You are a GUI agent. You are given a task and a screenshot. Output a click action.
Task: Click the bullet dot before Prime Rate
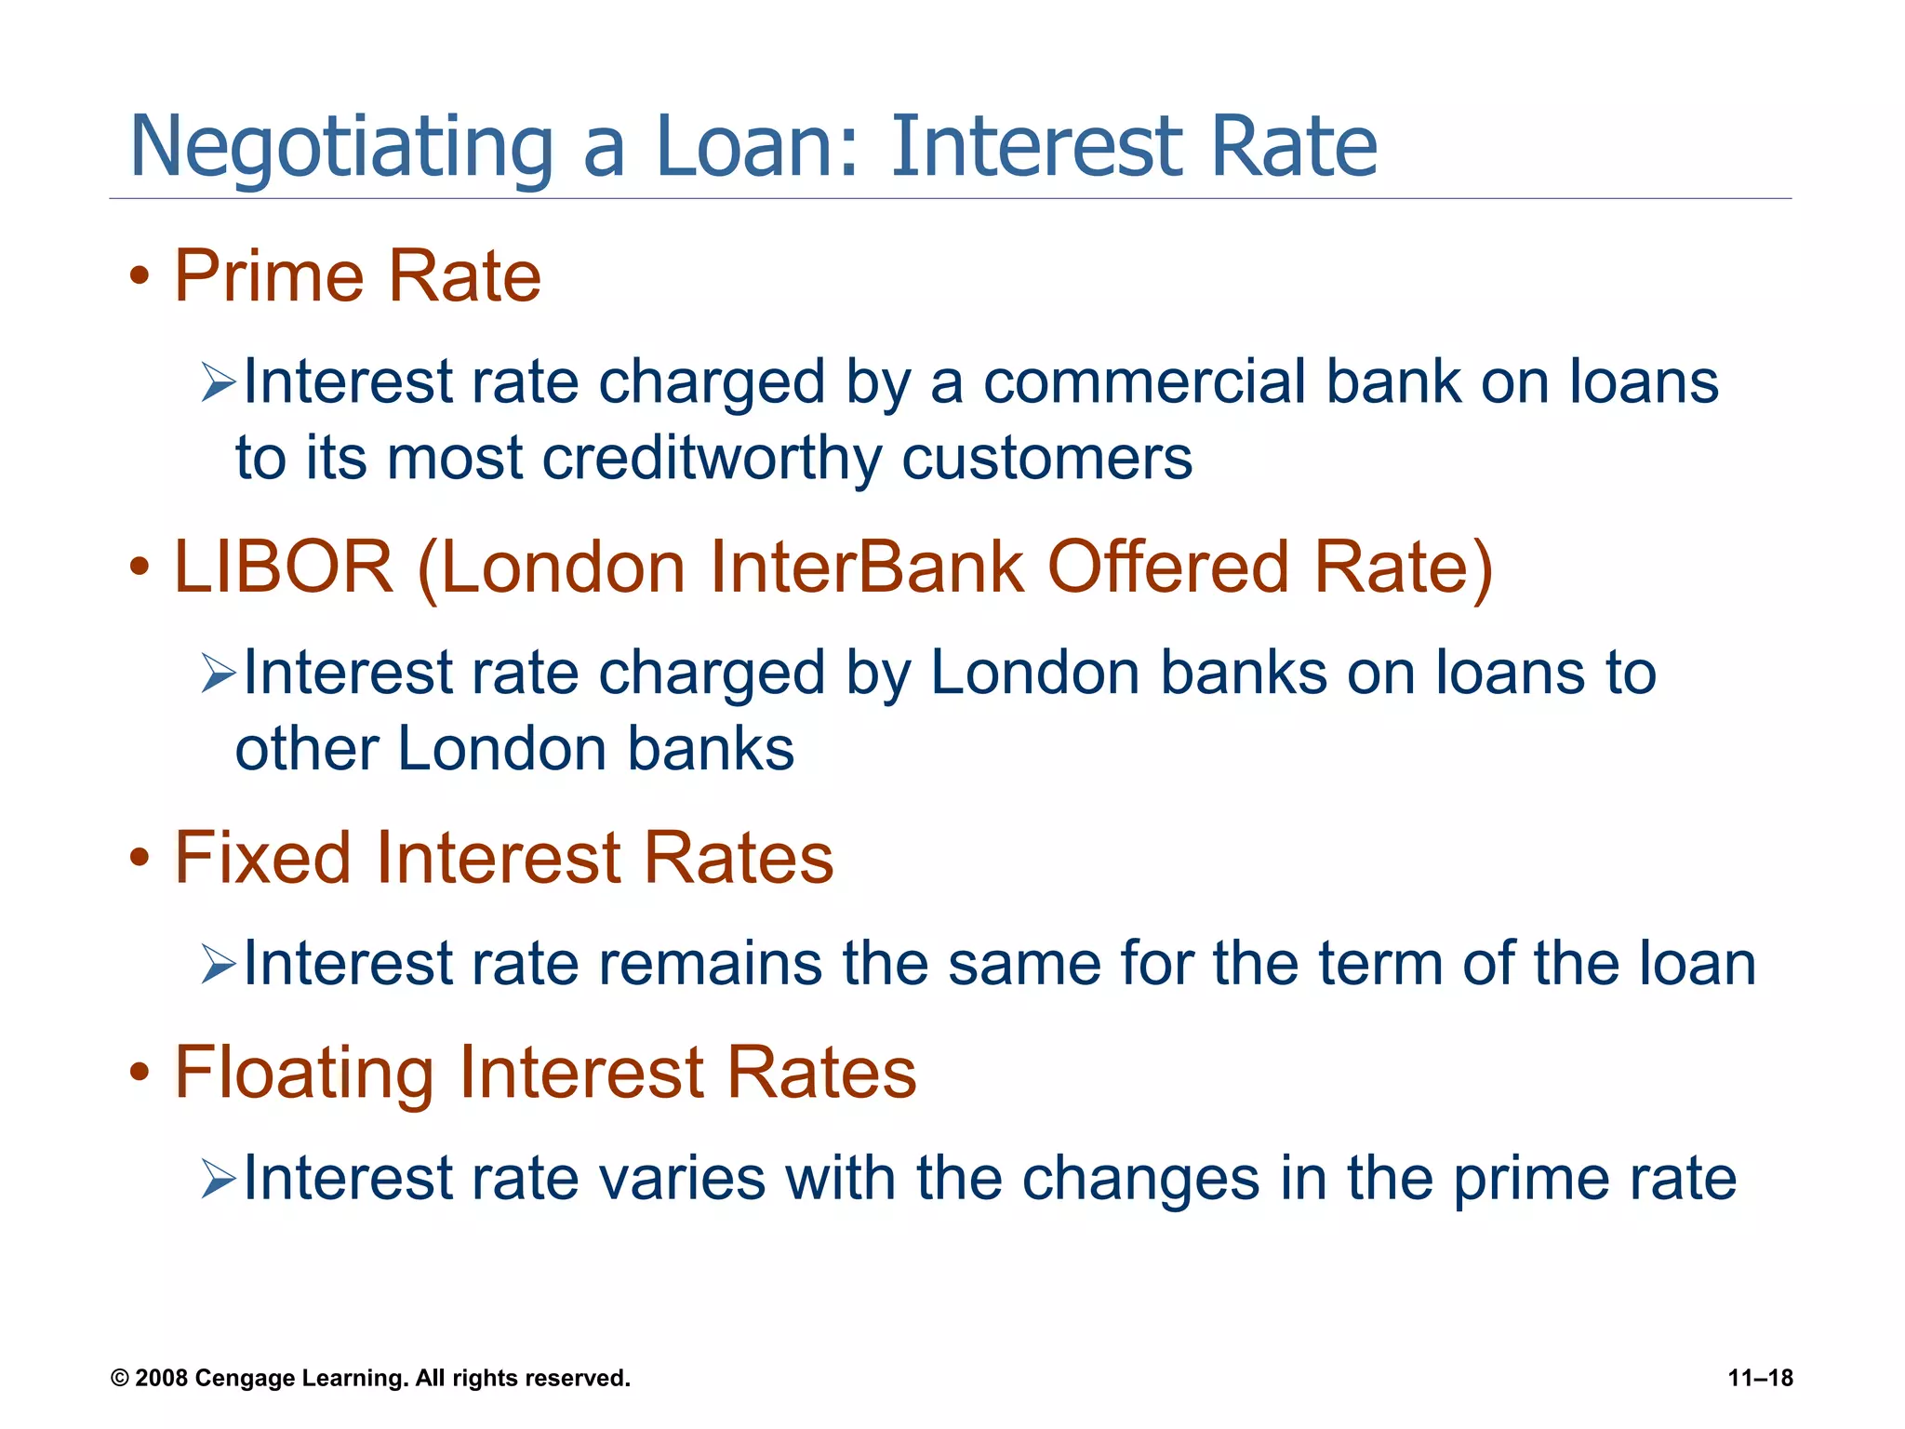click(140, 277)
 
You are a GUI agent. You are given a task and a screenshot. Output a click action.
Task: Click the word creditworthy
click(712, 460)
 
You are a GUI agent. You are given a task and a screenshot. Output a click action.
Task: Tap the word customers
click(1046, 460)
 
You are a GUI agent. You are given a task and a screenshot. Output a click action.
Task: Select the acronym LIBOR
click(284, 568)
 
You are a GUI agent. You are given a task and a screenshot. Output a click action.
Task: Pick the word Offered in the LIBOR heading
click(1168, 568)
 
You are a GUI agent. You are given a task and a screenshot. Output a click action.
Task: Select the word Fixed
click(263, 858)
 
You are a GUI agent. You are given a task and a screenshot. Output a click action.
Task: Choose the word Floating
click(304, 1073)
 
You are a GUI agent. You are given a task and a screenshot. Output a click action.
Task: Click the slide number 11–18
click(1760, 1378)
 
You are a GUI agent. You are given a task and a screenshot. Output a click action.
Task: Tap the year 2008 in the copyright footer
click(162, 1378)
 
